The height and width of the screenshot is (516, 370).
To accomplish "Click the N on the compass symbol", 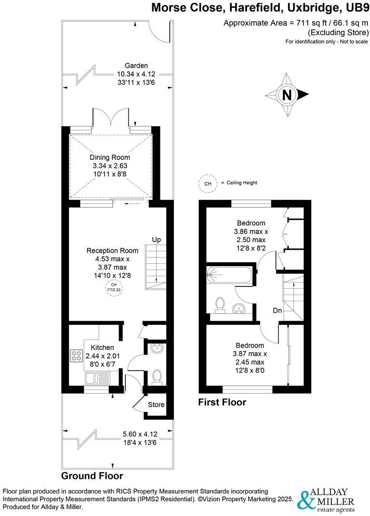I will tap(288, 95).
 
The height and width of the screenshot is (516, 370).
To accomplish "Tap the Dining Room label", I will tap(110, 157).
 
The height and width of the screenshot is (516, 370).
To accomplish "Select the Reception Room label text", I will tap(112, 250).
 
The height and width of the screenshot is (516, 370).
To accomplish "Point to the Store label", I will tap(159, 405).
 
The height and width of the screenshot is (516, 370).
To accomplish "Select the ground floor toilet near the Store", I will tap(157, 377).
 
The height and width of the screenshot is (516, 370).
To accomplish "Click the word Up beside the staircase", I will tap(156, 240).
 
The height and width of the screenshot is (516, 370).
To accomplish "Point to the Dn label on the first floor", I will tap(277, 310).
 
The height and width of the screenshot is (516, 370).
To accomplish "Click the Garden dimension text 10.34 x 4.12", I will tap(136, 74).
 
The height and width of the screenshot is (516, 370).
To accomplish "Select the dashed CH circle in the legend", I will tap(208, 183).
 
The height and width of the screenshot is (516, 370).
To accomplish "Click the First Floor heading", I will tap(222, 402).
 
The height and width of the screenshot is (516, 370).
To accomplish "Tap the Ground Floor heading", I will tap(92, 476).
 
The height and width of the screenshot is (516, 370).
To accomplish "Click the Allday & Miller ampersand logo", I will tap(306, 501).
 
